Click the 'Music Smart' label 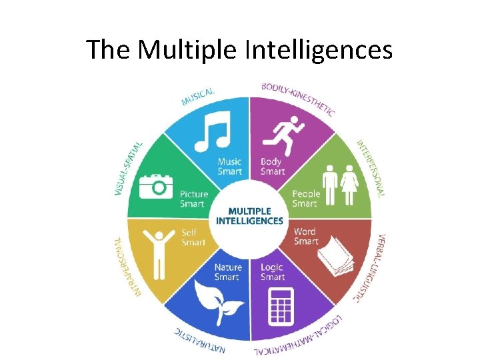tap(229, 166)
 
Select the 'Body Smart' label tap(272, 166)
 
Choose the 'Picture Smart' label tap(194, 199)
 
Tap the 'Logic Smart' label tap(273, 272)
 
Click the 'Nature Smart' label tap(228, 272)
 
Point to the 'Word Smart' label tap(305, 237)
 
